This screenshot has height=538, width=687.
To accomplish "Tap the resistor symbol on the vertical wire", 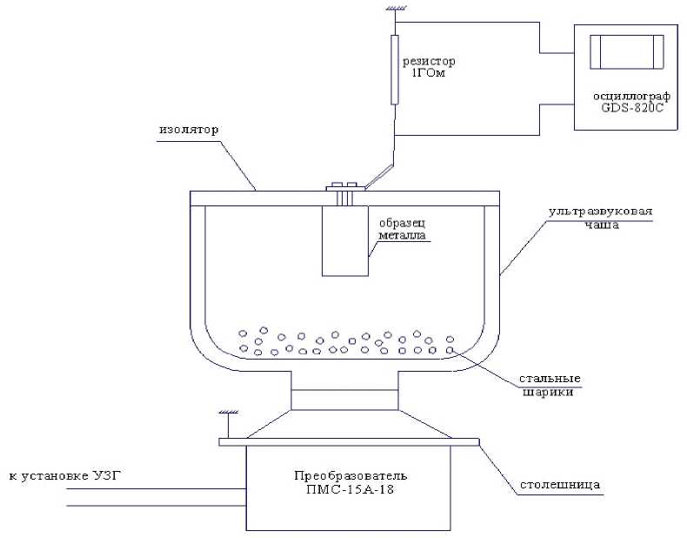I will pos(395,70).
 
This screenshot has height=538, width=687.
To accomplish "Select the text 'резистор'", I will pos(428,62).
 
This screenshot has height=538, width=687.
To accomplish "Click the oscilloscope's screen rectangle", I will pos(626,51).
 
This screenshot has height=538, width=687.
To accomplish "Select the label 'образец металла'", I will pos(401,228).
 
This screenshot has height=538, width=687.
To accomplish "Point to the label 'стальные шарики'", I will pos(550,386).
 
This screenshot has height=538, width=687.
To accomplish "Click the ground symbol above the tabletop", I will pos(227,417).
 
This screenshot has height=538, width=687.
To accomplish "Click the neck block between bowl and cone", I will pos(344,400).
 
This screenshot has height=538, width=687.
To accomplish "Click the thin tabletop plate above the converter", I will pos(348,441).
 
